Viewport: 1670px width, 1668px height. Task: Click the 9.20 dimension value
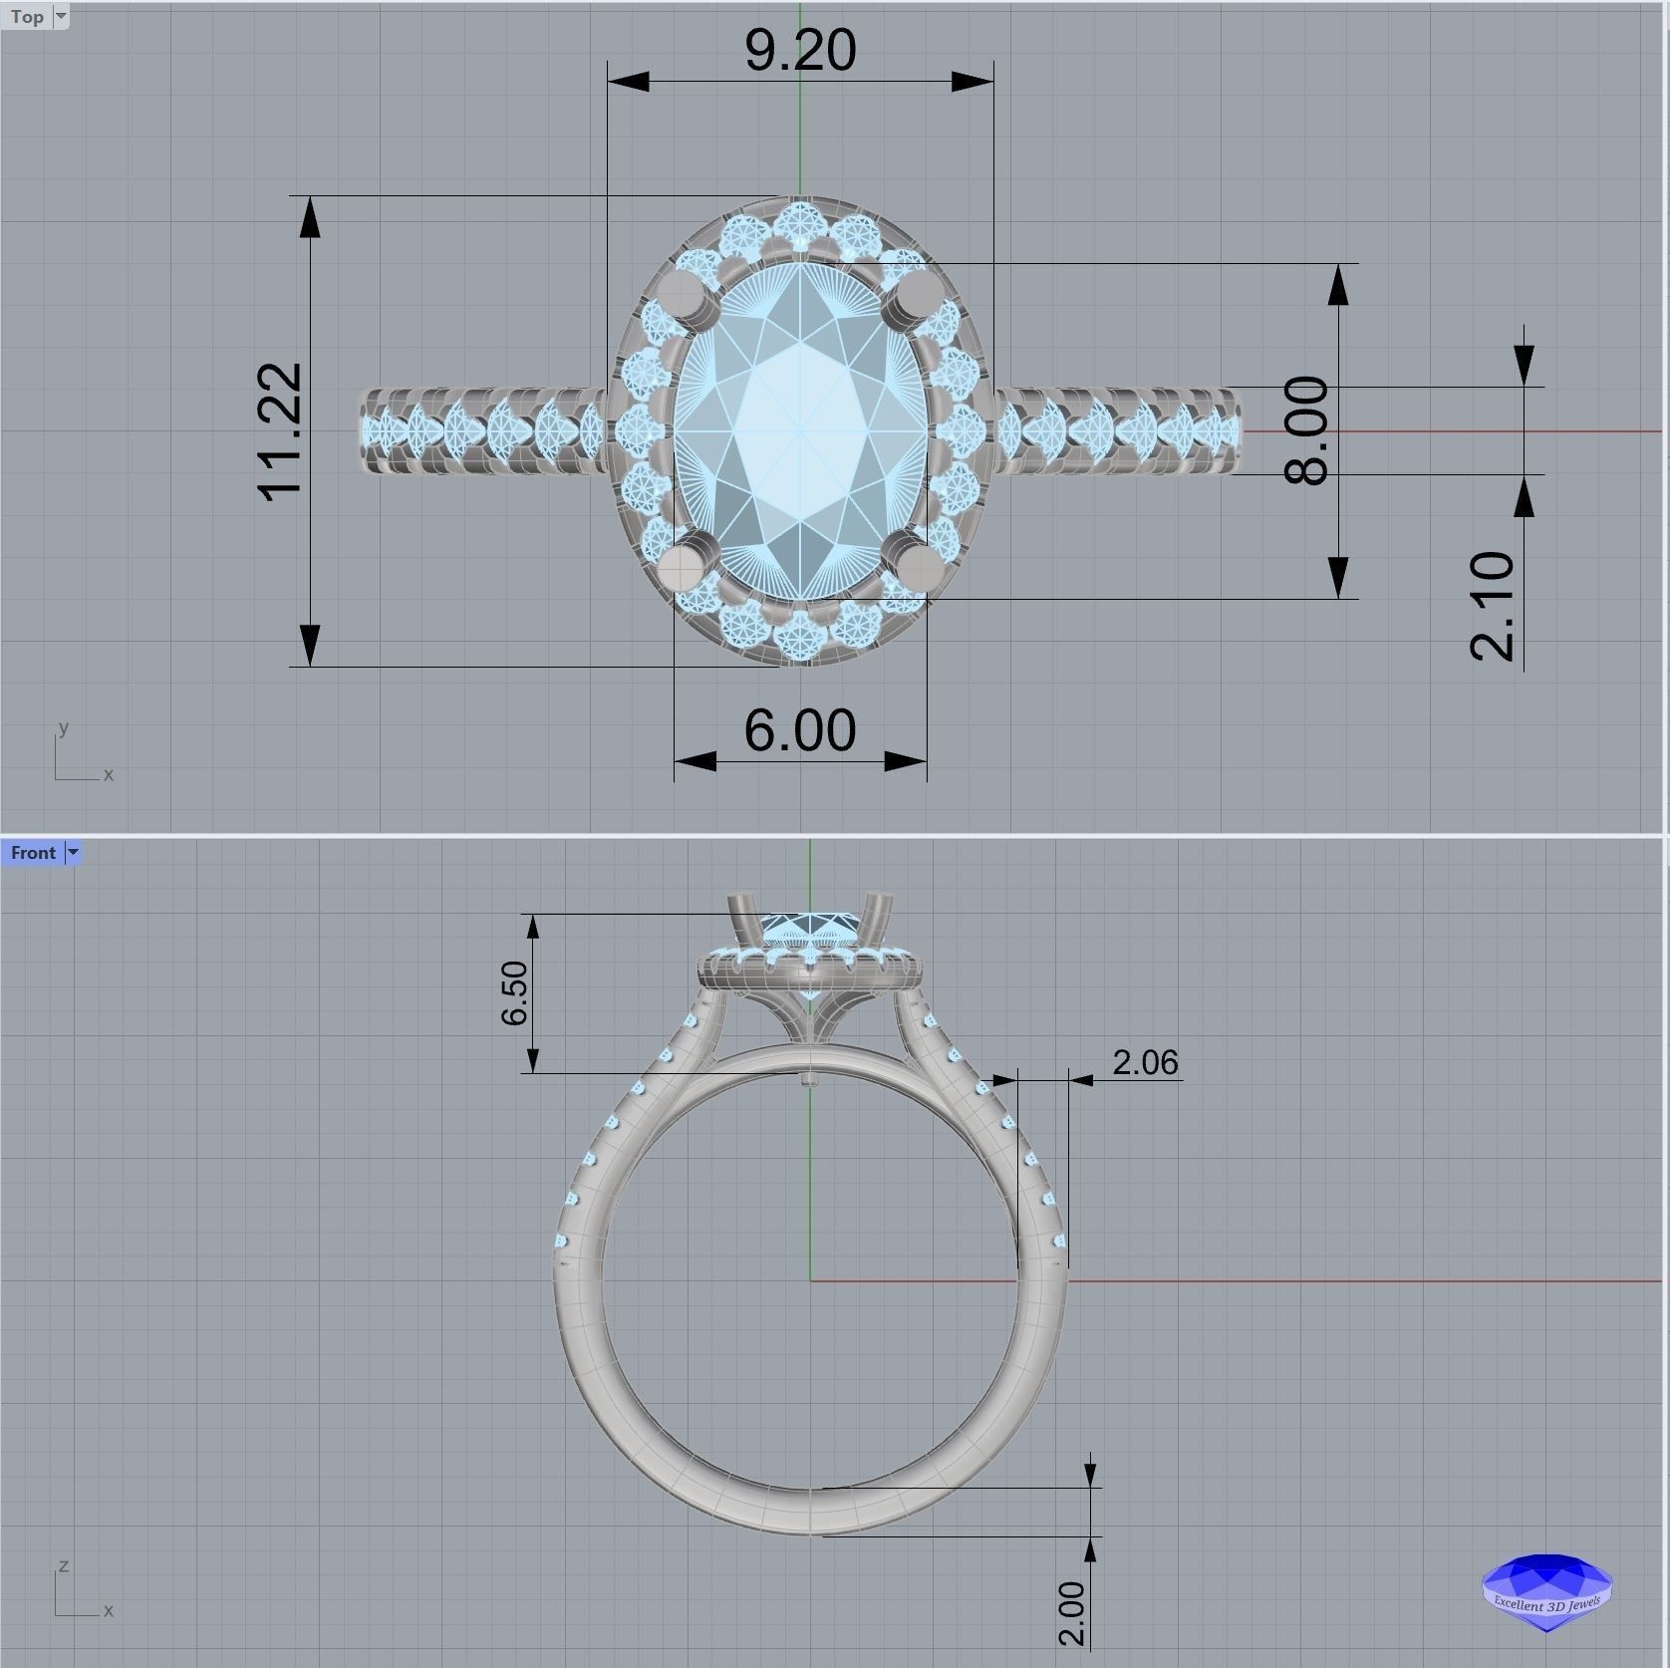[800, 50]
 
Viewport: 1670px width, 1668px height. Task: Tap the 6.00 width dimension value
[800, 730]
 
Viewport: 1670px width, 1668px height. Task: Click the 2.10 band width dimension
[1493, 605]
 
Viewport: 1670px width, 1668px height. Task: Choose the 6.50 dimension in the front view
[515, 992]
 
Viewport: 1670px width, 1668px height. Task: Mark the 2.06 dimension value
[1145, 1062]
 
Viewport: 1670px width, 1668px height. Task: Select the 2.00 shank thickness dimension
[1071, 1613]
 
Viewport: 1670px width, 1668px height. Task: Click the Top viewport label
[27, 16]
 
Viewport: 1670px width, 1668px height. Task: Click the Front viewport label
[33, 853]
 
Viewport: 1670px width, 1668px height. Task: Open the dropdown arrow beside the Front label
[73, 853]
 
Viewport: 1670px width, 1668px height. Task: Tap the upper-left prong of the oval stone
[682, 295]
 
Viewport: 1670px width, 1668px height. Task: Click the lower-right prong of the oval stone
[919, 566]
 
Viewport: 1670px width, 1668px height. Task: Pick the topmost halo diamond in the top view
[800, 221]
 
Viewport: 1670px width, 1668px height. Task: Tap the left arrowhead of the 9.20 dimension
[628, 82]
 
